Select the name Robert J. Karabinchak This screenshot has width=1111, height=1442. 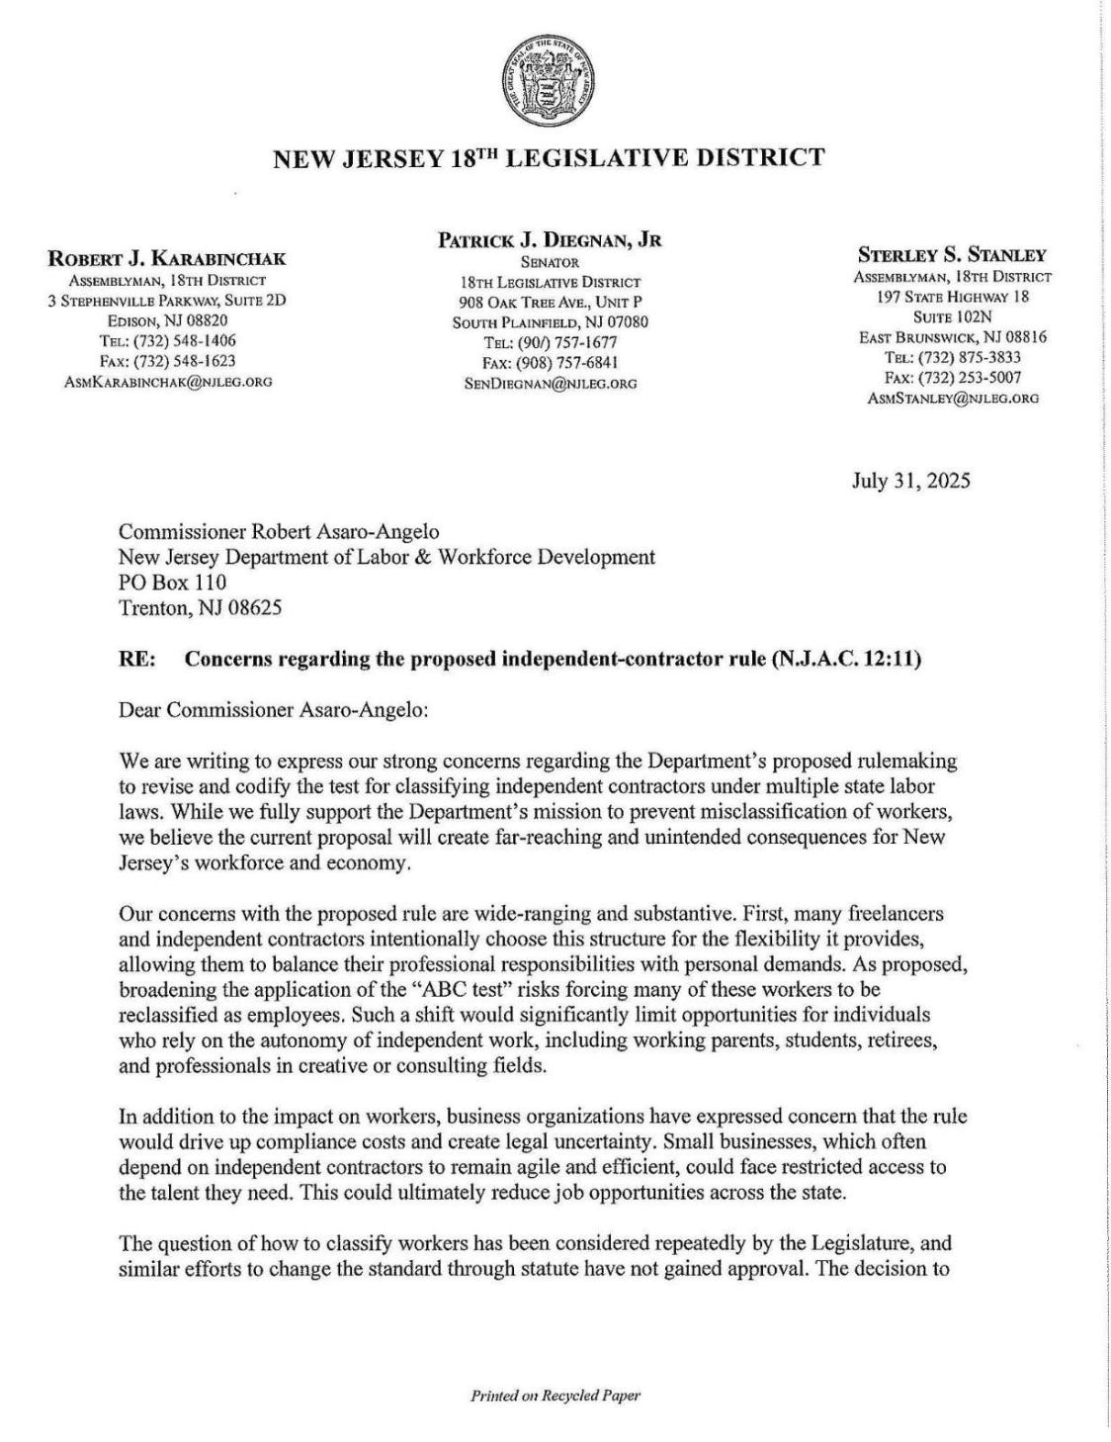tap(167, 259)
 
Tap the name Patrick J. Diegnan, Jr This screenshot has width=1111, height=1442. tap(551, 239)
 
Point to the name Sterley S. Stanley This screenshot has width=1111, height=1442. tap(952, 255)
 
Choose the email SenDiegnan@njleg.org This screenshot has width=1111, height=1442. tap(551, 383)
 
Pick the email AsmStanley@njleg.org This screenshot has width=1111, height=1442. tap(952, 398)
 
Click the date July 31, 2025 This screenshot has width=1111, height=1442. tap(910, 482)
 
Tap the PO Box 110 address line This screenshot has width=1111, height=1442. tap(172, 582)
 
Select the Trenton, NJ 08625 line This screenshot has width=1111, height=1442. tap(200, 607)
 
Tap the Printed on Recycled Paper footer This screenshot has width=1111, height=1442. tap(555, 1396)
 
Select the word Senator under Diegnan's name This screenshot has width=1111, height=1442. tap(550, 263)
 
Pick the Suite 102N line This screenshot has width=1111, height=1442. tap(952, 316)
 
